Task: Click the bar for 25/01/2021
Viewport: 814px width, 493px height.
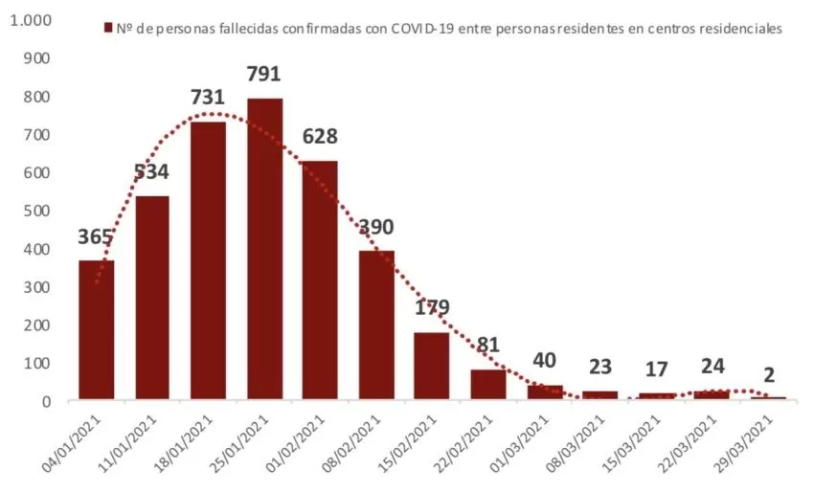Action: coord(264,249)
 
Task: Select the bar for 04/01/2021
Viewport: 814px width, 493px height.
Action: coord(97,329)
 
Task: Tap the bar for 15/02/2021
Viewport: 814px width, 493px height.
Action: coord(431,366)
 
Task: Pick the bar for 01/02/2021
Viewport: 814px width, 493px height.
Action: coord(320,280)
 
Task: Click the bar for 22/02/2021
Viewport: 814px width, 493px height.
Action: coord(488,385)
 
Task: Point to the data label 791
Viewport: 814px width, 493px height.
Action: coord(263,74)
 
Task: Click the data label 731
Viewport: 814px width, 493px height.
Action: coord(208,97)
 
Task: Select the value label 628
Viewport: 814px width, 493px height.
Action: coord(320,136)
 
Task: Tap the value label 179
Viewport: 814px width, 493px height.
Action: coord(432,307)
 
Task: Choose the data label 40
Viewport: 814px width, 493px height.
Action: coord(545,360)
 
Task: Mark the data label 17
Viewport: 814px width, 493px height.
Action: coord(656,369)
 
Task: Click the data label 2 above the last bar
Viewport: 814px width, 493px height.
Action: coord(769,374)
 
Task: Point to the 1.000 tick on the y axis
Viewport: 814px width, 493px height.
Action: coord(32,20)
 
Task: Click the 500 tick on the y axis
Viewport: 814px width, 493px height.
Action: coord(36,211)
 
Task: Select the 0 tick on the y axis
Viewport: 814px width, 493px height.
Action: coord(47,401)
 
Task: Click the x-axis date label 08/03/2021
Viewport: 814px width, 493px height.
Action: coord(577,442)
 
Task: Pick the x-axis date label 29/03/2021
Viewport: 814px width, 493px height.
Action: coord(744,442)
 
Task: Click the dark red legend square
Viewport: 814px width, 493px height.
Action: coord(108,28)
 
